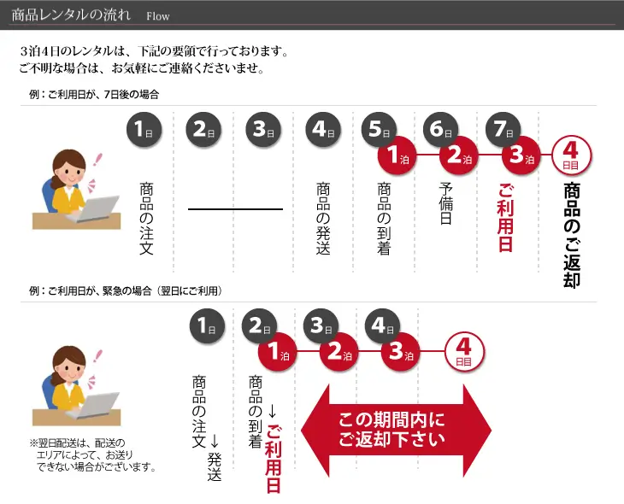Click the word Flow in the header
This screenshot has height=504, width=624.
click(158, 16)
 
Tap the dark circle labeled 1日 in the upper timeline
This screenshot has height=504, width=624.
click(144, 130)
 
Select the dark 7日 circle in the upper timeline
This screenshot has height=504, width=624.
click(503, 130)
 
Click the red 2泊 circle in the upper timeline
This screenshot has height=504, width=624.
click(458, 155)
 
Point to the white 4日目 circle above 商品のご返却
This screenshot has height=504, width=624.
click(571, 155)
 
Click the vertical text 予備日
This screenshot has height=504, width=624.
click(445, 203)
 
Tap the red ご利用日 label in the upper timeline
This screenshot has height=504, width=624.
click(505, 218)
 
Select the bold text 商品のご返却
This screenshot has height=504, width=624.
click(572, 235)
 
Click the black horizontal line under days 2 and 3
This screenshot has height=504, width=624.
click(235, 208)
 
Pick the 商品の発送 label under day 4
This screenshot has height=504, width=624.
click(323, 219)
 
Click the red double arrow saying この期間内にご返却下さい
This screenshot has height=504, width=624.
click(396, 430)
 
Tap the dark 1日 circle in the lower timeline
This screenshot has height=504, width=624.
click(207, 326)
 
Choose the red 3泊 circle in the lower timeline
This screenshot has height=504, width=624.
click(400, 352)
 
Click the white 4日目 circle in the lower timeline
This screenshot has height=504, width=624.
click(464, 352)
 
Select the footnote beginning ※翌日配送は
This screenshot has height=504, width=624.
click(93, 454)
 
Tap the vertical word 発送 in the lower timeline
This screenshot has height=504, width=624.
click(214, 466)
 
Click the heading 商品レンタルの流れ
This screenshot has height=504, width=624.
click(71, 15)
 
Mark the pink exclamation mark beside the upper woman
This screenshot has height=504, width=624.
click(97, 160)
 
